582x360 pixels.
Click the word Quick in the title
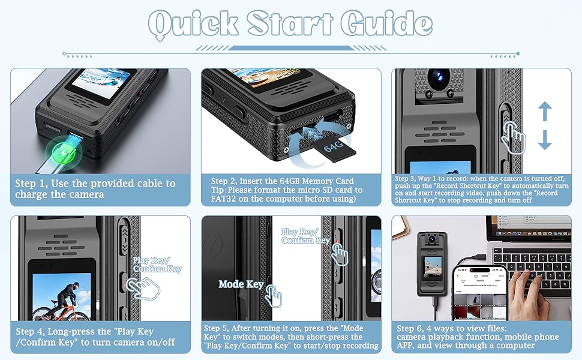[193, 24]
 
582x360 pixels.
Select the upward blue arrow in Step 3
[544, 112]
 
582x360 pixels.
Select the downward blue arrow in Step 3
[544, 140]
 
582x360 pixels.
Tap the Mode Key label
[241, 284]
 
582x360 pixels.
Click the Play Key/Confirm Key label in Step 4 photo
[157, 265]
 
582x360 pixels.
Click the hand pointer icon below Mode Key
[274, 296]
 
